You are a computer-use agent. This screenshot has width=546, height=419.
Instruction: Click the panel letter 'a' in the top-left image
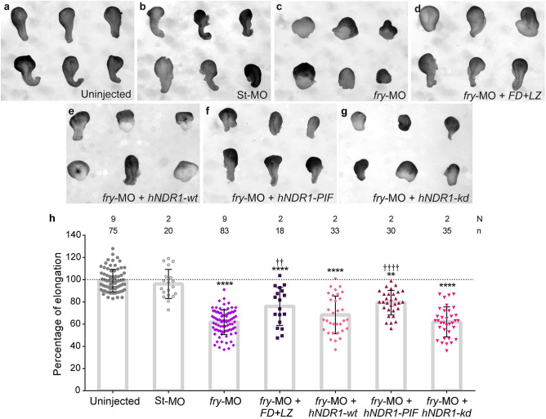coord(5,8)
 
